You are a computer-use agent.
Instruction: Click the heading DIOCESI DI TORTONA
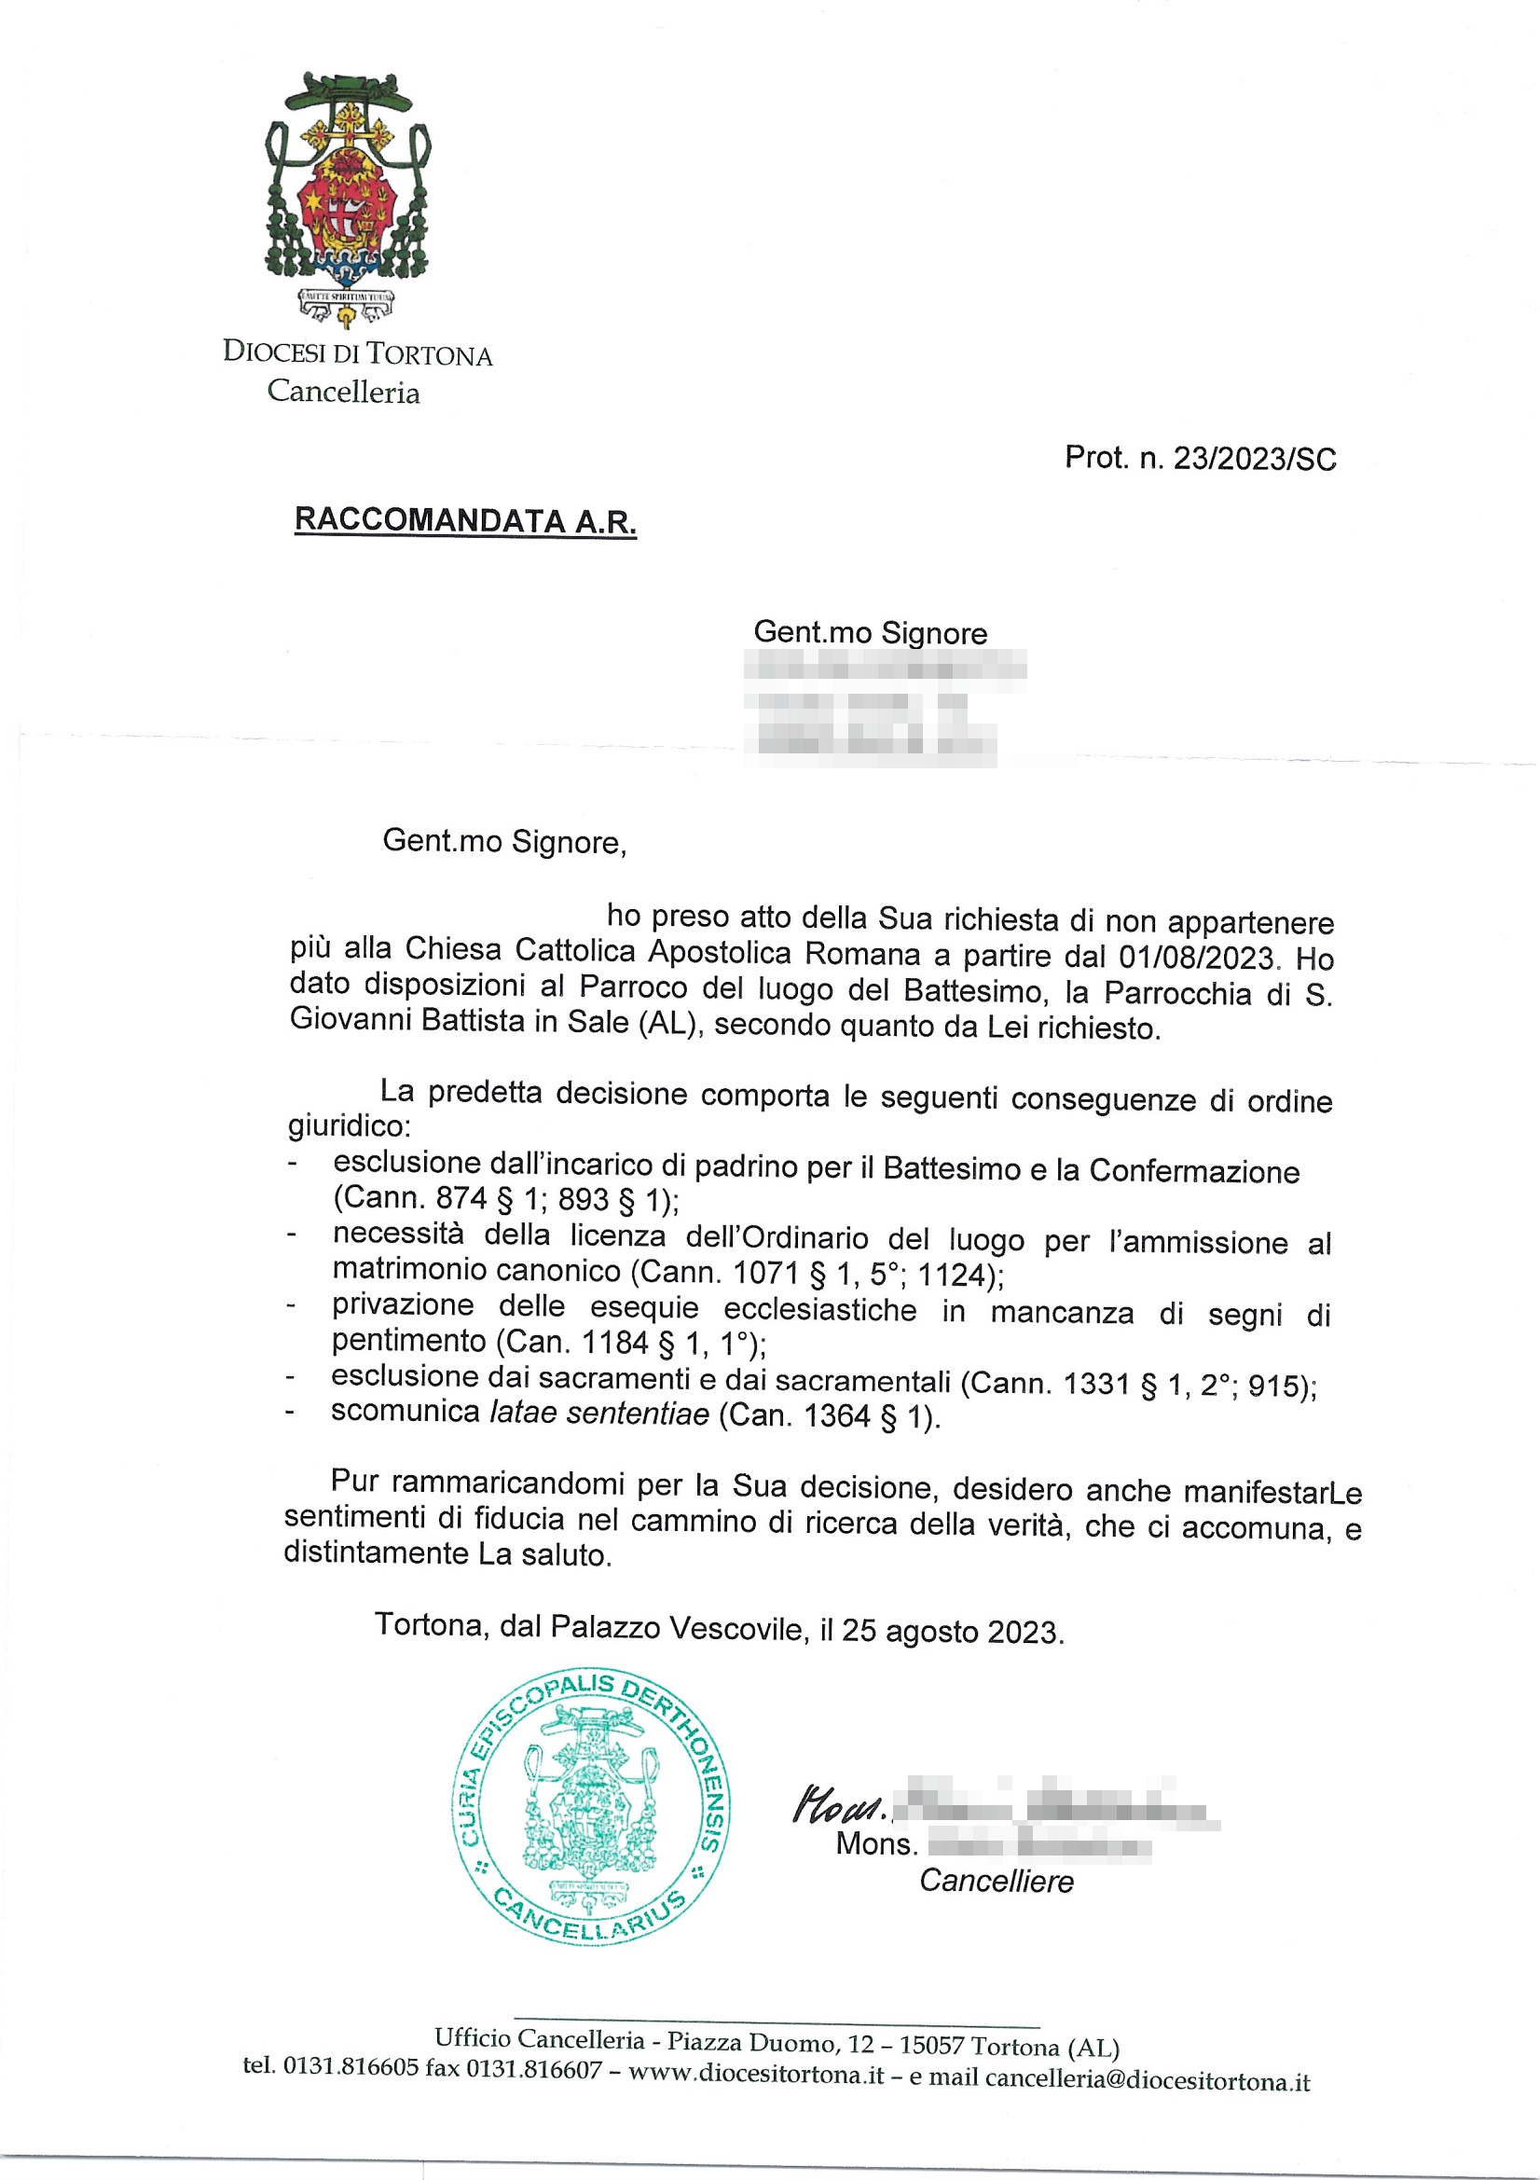point(358,353)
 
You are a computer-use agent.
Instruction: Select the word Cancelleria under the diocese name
point(343,392)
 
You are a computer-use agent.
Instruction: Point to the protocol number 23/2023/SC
point(1254,459)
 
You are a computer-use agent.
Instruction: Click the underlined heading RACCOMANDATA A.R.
point(465,521)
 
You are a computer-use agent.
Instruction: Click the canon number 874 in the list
point(461,1199)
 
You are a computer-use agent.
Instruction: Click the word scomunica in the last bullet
point(405,1411)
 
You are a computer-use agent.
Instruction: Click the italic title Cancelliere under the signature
point(996,1881)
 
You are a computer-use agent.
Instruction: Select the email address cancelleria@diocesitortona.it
point(1147,2082)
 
